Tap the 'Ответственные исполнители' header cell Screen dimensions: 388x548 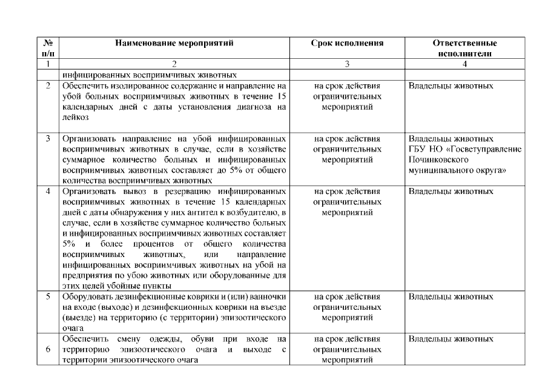(464, 48)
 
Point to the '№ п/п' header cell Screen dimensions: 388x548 (48, 48)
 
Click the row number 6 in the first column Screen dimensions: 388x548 (48, 349)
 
